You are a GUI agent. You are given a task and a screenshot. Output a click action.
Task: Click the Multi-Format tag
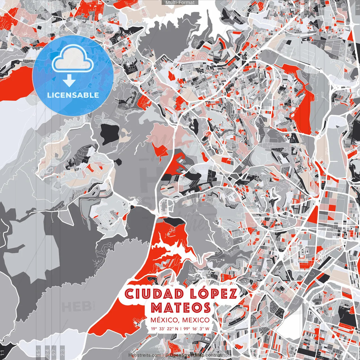click(x=180, y=3)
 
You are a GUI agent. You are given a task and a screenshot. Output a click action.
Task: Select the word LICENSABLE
click(x=73, y=95)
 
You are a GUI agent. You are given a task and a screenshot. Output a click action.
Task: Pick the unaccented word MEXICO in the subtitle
click(x=196, y=320)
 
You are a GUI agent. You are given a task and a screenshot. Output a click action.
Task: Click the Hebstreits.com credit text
click(x=145, y=355)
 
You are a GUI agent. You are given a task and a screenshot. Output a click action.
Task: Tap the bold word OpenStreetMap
click(x=187, y=355)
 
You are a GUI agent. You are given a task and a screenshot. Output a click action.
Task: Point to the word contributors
click(x=219, y=355)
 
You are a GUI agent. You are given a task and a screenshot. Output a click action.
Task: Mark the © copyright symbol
click(x=167, y=355)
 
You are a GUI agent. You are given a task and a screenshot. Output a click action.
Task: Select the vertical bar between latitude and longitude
click(x=181, y=328)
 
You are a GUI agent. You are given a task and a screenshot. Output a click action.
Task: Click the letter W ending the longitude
click(x=207, y=328)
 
